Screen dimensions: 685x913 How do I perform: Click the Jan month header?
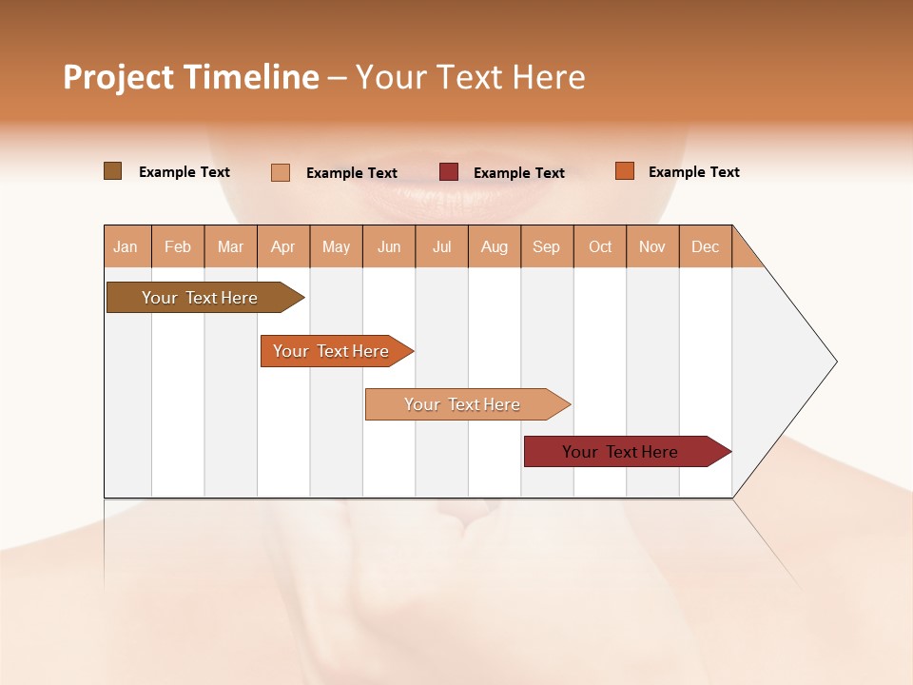pyautogui.click(x=126, y=246)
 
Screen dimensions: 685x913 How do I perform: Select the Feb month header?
pyautogui.click(x=178, y=246)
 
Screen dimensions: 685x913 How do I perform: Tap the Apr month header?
pyautogui.click(x=283, y=246)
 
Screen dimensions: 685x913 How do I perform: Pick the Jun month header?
pyautogui.click(x=389, y=246)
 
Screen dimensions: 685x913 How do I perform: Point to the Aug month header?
pyautogui.click(x=495, y=246)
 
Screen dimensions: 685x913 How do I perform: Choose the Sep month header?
pyautogui.click(x=547, y=246)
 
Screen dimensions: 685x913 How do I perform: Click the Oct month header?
pyautogui.click(x=600, y=246)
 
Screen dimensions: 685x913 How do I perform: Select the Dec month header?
pyautogui.click(x=706, y=246)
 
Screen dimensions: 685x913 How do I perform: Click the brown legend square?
pyautogui.click(x=113, y=171)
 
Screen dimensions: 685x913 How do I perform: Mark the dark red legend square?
pyautogui.click(x=449, y=171)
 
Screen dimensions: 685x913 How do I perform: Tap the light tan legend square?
pyautogui.click(x=281, y=172)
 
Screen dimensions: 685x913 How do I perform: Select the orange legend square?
pyautogui.click(x=625, y=171)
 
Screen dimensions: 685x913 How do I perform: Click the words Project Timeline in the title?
pyautogui.click(x=191, y=77)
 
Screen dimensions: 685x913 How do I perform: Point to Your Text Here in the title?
pyautogui.click(x=470, y=77)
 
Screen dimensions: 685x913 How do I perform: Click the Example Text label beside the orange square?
pyautogui.click(x=693, y=172)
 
